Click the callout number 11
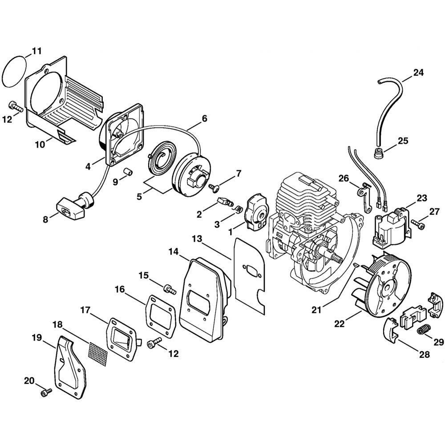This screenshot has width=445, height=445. point(36,51)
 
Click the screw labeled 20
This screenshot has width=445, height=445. point(45,392)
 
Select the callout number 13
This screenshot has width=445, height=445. point(197,239)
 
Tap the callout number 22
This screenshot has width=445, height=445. point(340,325)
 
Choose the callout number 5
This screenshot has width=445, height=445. point(139,196)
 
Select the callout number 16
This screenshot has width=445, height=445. point(120,290)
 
